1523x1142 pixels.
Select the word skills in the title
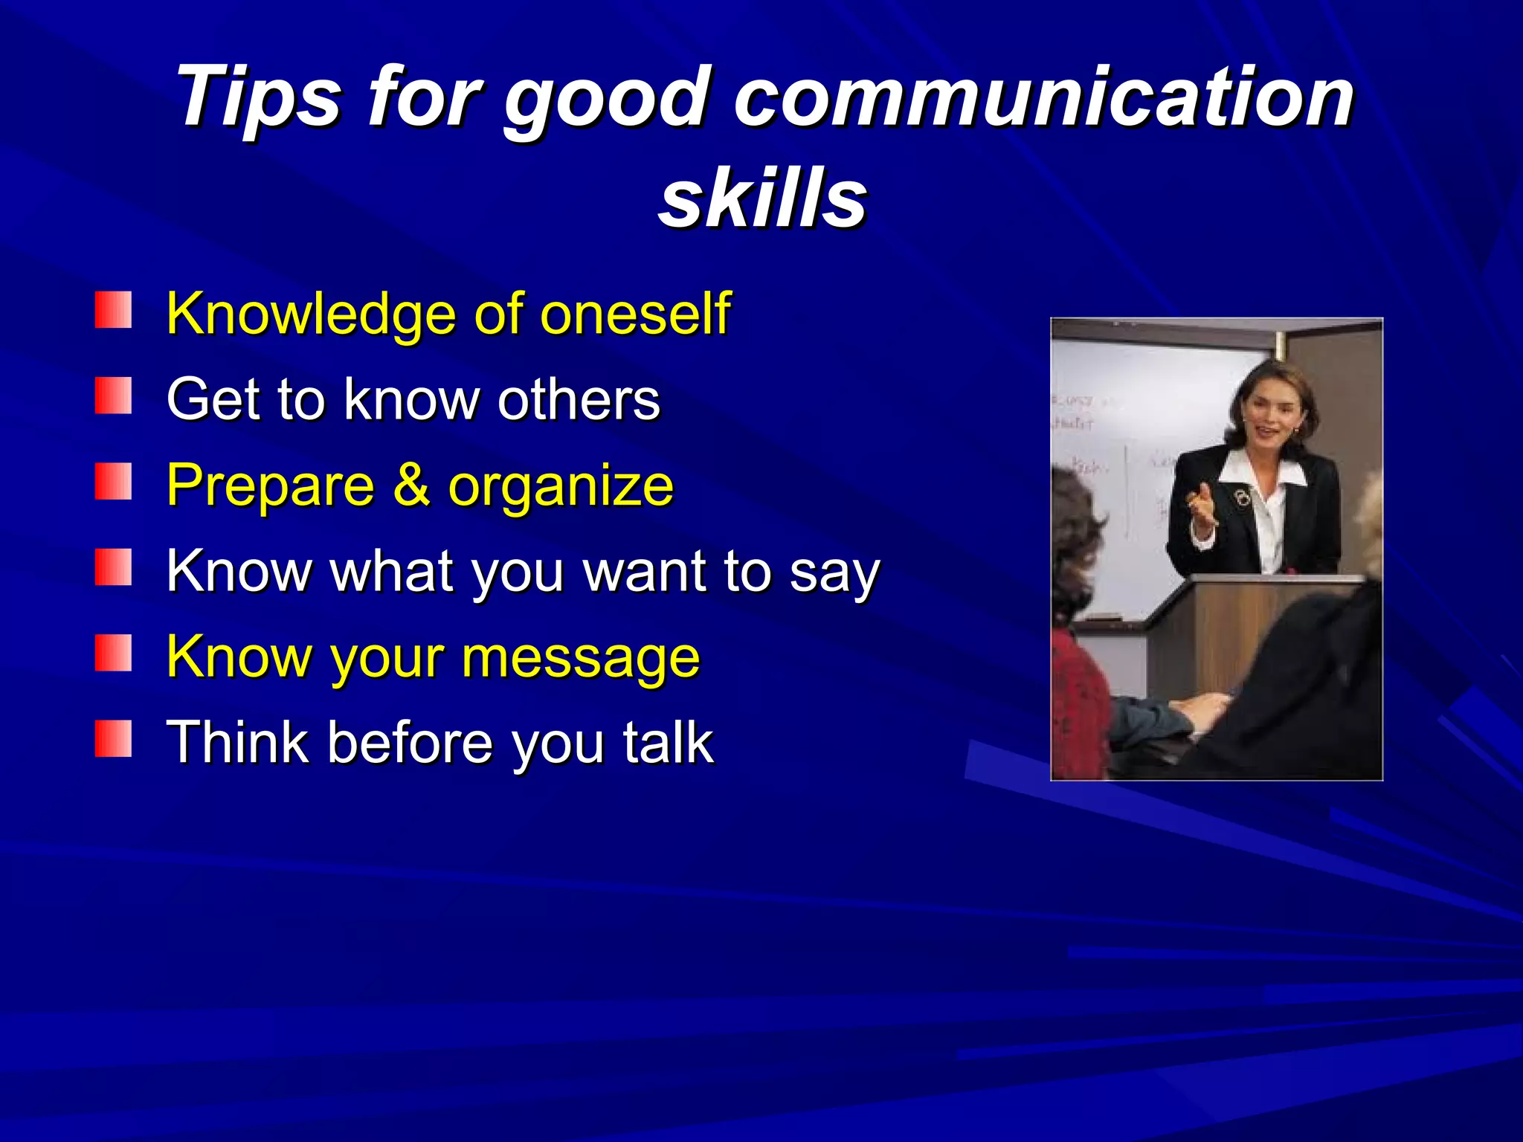(763, 198)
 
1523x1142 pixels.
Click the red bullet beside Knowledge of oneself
(113, 310)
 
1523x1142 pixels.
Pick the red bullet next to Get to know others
(113, 396)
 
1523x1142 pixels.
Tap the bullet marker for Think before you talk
(113, 738)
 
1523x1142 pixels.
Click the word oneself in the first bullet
(635, 314)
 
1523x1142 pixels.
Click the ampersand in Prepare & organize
(411, 485)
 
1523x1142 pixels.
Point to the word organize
(561, 488)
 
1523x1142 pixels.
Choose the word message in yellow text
(581, 659)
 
